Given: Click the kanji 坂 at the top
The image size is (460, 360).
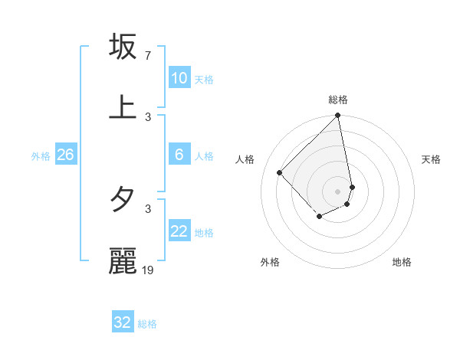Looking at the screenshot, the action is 123,47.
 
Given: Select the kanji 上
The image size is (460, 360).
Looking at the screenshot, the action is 123,107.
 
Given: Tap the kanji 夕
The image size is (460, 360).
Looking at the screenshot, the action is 123,200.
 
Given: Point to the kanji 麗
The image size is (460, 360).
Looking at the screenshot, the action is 123,260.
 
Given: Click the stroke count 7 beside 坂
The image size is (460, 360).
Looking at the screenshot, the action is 148,56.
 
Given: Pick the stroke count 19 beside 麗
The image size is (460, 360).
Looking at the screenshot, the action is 149,270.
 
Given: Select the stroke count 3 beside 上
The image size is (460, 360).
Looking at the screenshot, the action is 148,116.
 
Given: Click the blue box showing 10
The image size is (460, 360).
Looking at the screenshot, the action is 179,78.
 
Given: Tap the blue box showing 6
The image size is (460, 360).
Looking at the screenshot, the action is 179,155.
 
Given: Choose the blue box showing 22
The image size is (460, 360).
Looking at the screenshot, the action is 179,231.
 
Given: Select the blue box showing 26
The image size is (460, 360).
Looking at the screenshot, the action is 65,155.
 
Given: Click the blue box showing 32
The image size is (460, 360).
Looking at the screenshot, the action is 123,322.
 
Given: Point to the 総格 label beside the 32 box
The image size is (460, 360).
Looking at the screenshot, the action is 147,324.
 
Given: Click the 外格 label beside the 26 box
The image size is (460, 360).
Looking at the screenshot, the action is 41,156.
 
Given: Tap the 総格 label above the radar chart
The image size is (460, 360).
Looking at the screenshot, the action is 338,100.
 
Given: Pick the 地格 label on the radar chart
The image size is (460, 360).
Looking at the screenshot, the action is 402,262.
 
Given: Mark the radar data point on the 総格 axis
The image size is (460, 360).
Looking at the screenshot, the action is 338,116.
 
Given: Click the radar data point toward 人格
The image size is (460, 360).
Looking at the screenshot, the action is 280,172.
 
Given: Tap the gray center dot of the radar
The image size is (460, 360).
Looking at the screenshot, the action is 338,191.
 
